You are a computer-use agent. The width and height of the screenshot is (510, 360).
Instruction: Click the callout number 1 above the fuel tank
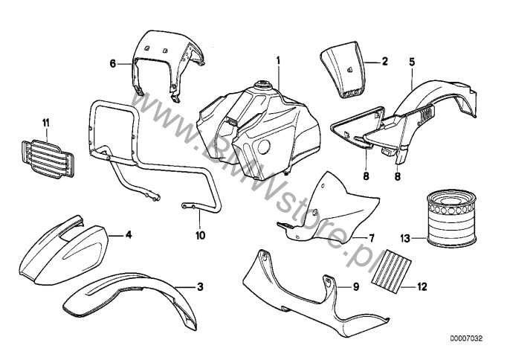pyautogui.click(x=278, y=59)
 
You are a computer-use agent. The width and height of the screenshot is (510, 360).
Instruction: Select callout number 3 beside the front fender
pyautogui.click(x=199, y=286)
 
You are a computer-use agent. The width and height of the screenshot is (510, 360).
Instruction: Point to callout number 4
pyautogui.click(x=128, y=235)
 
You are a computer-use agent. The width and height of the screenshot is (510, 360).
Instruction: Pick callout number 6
pyautogui.click(x=114, y=64)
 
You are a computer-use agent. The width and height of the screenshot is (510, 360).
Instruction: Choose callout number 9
pyautogui.click(x=355, y=286)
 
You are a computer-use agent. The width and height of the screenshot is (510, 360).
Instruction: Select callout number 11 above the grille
pyautogui.click(x=45, y=120)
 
